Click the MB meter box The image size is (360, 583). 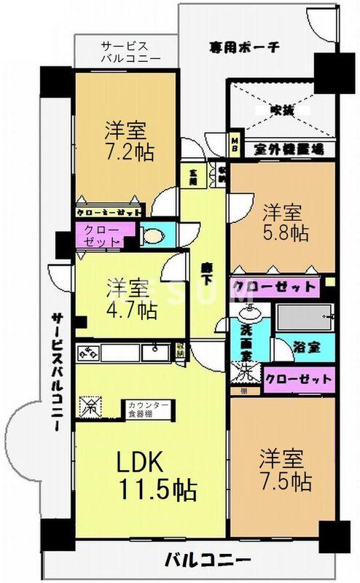[236, 140]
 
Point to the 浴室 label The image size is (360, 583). [305, 348]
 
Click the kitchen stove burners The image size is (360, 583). [91, 353]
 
